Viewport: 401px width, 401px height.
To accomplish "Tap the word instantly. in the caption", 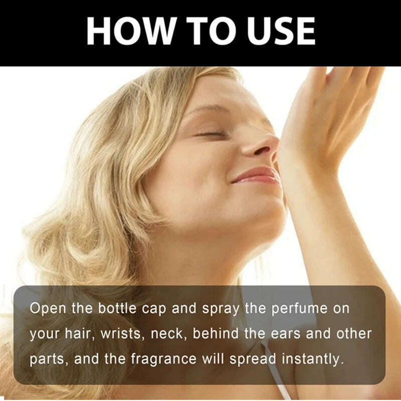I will click(311, 359).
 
